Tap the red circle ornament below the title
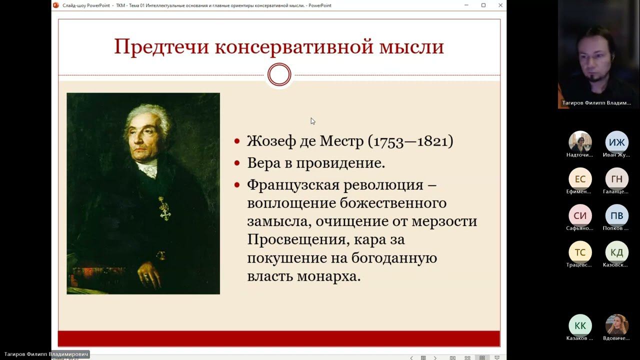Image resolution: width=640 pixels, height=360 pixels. [x=279, y=75]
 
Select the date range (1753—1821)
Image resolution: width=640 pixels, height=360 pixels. [x=410, y=141]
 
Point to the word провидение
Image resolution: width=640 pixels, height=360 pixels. [x=340, y=163]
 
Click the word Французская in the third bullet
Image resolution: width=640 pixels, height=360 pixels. [x=292, y=185]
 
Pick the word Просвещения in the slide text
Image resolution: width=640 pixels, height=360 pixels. [x=297, y=240]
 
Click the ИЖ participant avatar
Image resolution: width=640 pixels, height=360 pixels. [x=616, y=142]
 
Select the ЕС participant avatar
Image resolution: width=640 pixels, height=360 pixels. [x=580, y=179]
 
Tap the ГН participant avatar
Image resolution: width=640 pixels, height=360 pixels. [x=616, y=179]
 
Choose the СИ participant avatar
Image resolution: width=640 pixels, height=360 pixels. [x=580, y=216]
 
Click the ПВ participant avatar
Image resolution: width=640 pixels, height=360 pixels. [x=616, y=216]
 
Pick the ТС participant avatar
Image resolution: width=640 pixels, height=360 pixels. [x=580, y=252]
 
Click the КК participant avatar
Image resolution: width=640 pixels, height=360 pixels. [x=580, y=326]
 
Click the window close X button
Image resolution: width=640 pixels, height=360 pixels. [x=500, y=5]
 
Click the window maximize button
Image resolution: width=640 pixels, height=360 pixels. [x=483, y=5]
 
